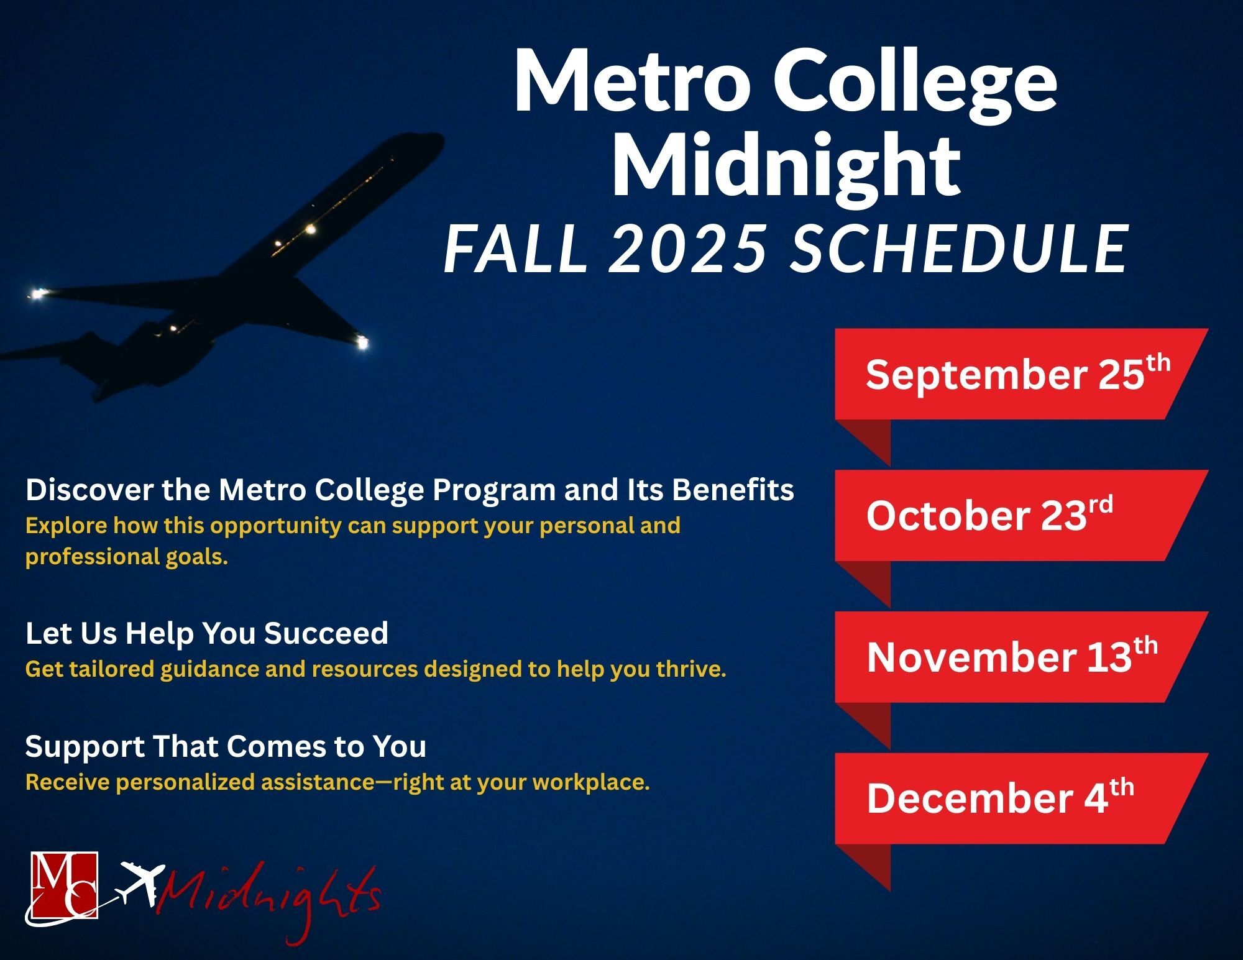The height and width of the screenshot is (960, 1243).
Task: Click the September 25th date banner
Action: tap(1019, 374)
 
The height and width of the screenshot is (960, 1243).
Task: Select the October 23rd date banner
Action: tap(1019, 516)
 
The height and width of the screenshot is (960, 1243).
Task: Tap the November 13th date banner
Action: tap(1019, 657)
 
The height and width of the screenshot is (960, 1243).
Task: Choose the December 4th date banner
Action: tap(1019, 799)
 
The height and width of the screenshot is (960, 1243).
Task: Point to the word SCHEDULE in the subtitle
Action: tap(959, 249)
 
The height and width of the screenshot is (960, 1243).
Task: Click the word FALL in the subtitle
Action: tap(516, 249)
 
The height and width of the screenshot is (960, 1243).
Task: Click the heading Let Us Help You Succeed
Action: tap(207, 633)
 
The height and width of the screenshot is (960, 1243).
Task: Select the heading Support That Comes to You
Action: tap(226, 746)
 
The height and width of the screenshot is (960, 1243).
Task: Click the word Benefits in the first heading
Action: tap(733, 490)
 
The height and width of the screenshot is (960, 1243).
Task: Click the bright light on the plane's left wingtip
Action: tap(39, 293)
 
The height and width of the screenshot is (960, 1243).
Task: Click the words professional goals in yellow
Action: tap(127, 557)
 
